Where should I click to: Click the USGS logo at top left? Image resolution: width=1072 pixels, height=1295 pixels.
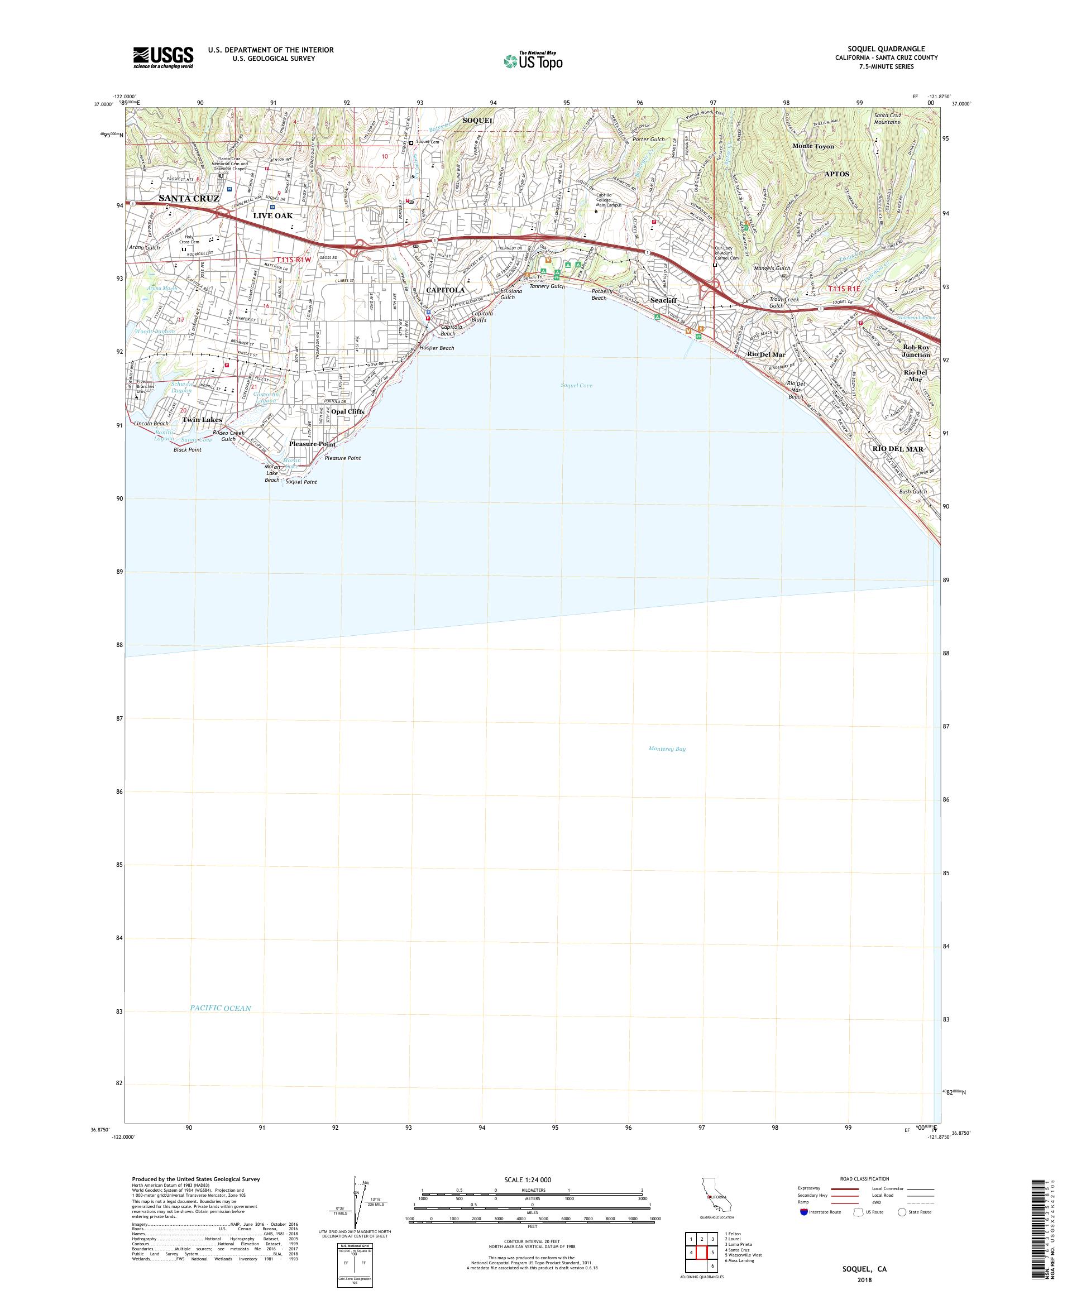(164, 57)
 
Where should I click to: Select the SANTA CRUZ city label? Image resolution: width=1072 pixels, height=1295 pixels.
(189, 199)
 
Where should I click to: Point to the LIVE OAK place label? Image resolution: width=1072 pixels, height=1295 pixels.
(272, 216)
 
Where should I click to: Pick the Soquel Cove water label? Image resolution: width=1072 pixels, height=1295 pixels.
(576, 385)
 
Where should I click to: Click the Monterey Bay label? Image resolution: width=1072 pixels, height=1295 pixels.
(667, 749)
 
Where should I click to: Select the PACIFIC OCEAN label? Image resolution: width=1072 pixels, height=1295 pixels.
(220, 1008)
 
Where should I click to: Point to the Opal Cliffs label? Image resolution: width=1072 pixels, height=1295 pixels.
(348, 411)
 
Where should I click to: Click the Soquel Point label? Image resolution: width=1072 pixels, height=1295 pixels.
(301, 482)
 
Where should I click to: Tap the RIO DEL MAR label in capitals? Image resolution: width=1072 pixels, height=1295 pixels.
(897, 449)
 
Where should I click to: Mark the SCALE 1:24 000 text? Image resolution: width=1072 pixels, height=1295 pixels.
(532, 1178)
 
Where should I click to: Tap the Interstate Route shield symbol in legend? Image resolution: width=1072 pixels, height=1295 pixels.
(803, 1212)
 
